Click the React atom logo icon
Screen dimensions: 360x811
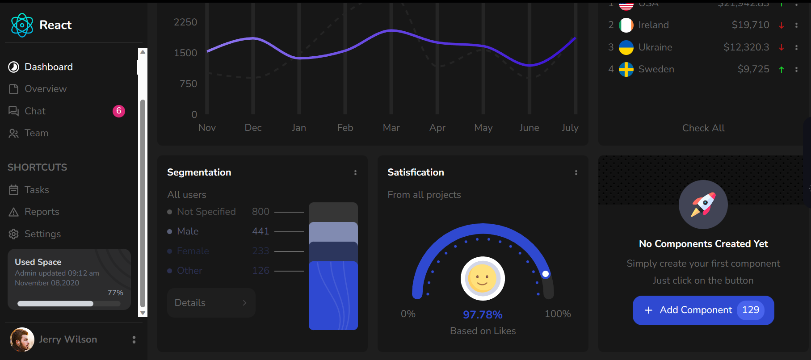click(x=22, y=25)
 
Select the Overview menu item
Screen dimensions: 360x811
click(x=46, y=89)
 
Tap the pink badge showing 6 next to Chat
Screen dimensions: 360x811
click(x=119, y=111)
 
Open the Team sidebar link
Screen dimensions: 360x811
click(x=36, y=133)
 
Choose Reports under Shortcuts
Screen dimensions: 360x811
click(x=42, y=212)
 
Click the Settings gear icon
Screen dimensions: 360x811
click(x=14, y=234)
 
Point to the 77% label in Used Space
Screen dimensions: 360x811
click(x=115, y=293)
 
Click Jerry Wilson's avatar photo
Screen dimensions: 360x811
click(x=22, y=339)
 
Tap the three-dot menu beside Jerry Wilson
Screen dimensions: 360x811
click(x=134, y=340)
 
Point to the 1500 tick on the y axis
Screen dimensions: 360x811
click(x=185, y=53)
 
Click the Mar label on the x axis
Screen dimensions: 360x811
click(x=391, y=128)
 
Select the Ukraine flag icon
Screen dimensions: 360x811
click(x=626, y=47)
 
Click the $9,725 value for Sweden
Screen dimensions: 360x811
click(x=753, y=69)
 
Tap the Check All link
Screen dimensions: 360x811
click(x=703, y=128)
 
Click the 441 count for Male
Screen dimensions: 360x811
click(x=261, y=231)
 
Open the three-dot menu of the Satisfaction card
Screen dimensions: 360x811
click(x=576, y=172)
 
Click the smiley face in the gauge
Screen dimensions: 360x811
click(x=483, y=279)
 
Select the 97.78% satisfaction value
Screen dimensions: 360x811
click(x=483, y=315)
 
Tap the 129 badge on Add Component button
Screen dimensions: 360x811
click(x=750, y=310)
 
